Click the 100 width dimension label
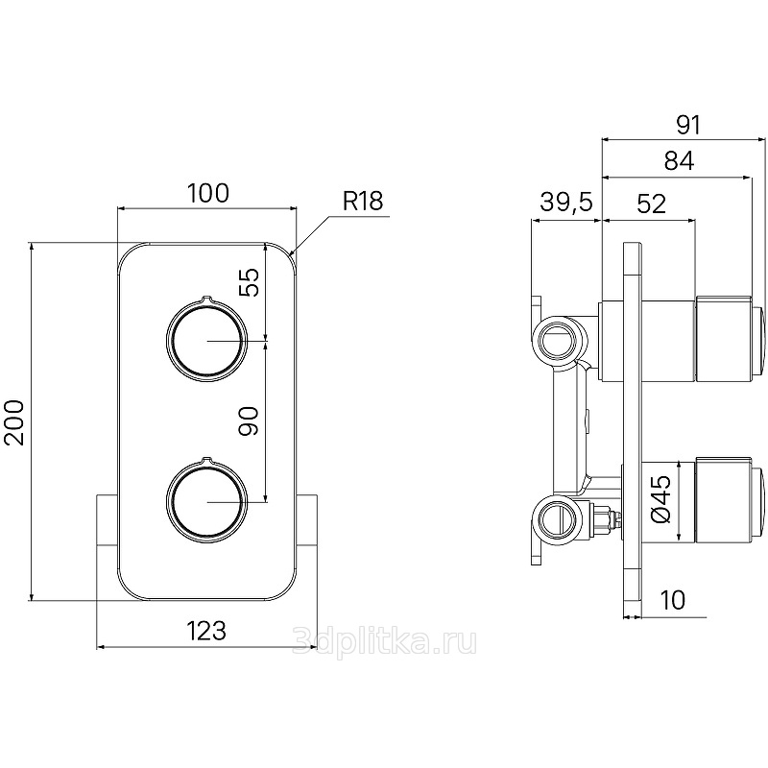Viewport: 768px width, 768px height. (208, 193)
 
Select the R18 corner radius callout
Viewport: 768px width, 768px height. (363, 201)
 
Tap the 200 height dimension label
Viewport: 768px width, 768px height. (14, 422)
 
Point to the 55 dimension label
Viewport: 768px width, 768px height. (249, 281)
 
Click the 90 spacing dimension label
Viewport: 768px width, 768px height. (249, 420)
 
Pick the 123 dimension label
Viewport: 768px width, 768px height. (206, 631)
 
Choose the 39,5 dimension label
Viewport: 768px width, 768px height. (566, 202)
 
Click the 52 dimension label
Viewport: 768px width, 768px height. (652, 204)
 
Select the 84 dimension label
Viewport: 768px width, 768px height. (679, 160)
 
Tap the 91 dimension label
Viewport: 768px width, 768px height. (688, 126)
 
